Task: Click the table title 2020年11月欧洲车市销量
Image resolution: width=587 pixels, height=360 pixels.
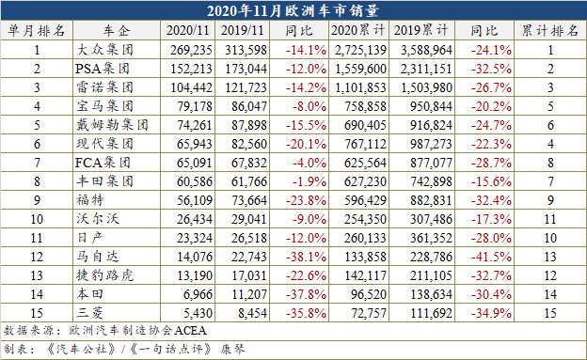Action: [293, 11]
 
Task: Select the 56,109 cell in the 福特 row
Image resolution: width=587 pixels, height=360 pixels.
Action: [191, 200]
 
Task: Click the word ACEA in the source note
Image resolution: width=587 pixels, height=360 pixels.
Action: [188, 331]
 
